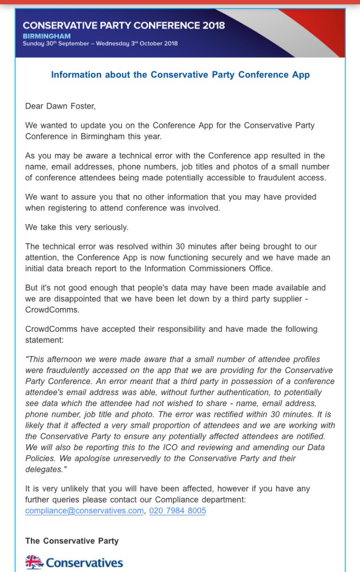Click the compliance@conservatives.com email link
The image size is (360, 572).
84,510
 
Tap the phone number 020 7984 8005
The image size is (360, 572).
177,510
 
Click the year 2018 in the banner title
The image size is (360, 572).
211,25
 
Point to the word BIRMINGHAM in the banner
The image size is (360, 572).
46,36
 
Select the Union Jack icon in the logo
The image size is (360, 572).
34,562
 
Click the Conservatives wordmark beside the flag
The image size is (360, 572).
85,562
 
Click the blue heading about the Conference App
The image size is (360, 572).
180,75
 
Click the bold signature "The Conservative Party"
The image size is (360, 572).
72,541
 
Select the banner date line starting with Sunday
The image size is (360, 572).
100,44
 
